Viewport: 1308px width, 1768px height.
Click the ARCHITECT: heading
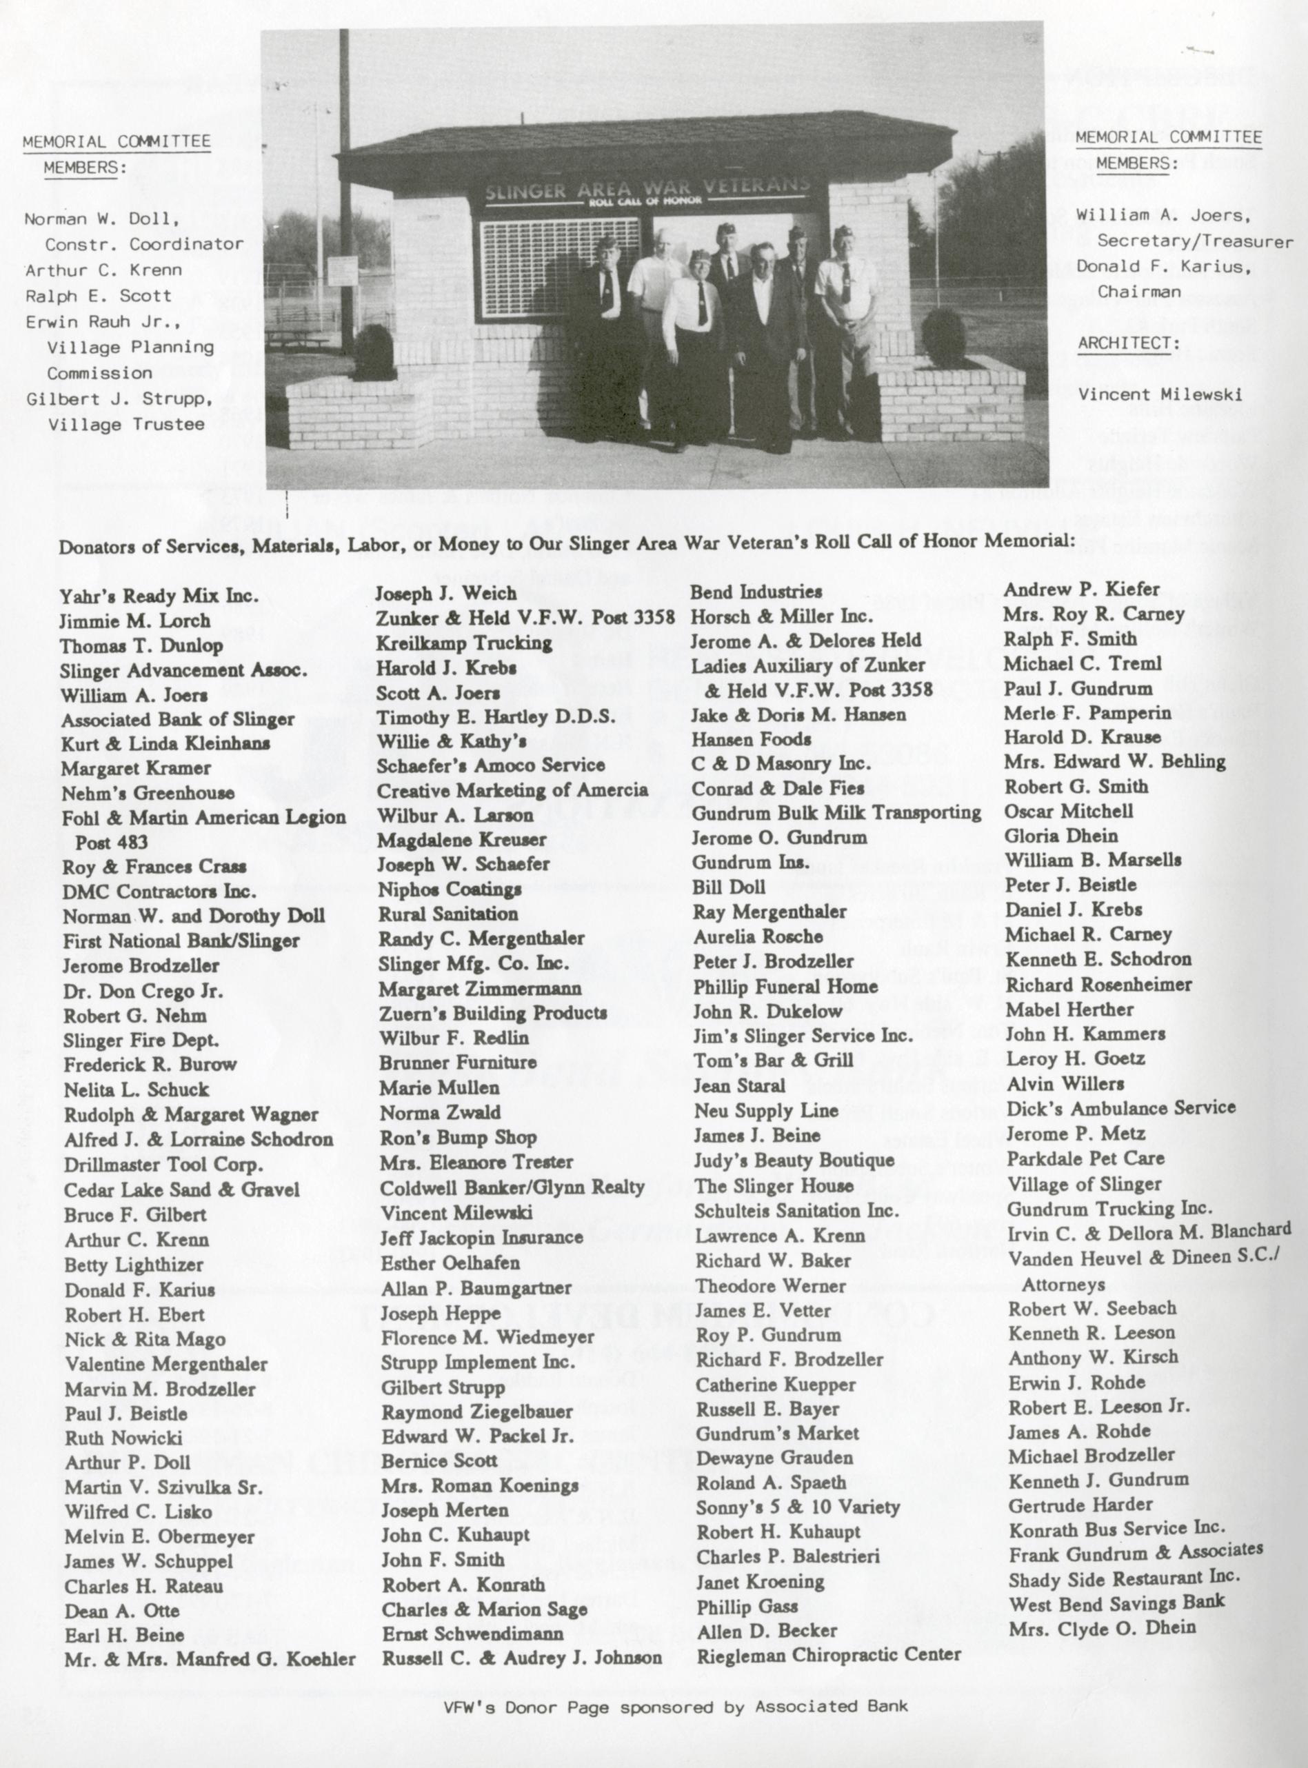[x=1128, y=343]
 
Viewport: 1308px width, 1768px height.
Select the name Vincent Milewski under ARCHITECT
[x=1160, y=394]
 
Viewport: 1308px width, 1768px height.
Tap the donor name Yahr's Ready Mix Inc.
[x=159, y=596]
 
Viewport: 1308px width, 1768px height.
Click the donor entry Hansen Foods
[x=751, y=739]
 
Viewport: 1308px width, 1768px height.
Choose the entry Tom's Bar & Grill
[x=773, y=1060]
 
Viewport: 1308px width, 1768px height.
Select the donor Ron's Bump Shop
[x=458, y=1137]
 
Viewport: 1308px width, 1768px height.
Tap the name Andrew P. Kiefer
[x=1082, y=590]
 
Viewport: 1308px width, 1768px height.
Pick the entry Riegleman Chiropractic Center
[x=828, y=1654]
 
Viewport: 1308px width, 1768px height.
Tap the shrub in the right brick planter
[x=942, y=336]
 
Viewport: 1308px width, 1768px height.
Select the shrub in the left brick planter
[x=374, y=350]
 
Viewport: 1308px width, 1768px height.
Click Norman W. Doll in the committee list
[x=101, y=219]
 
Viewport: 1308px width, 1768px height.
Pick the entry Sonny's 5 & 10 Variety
[x=797, y=1507]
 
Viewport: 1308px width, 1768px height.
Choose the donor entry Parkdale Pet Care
[x=1085, y=1158]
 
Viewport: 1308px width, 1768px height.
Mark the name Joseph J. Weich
[x=445, y=593]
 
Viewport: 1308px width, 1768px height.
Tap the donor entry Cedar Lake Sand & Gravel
[x=181, y=1189]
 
